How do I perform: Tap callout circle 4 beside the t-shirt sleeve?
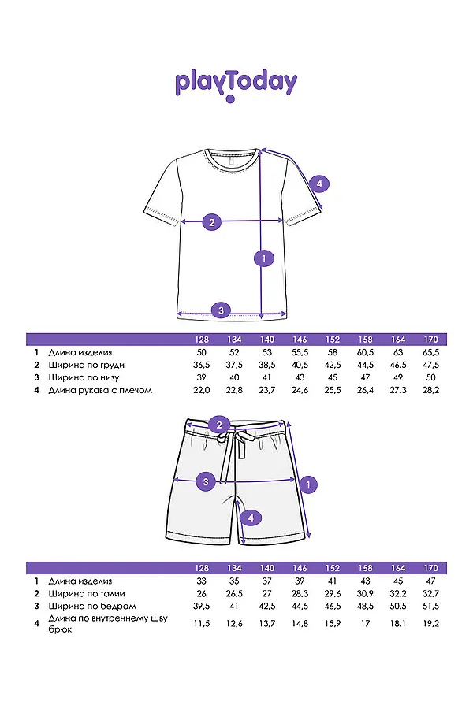318,184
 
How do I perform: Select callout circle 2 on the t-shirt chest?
210,222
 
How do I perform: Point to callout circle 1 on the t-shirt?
264,257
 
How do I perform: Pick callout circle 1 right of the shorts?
309,483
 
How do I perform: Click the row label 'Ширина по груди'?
86,366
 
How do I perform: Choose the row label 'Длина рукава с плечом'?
99,390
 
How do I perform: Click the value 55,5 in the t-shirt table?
300,353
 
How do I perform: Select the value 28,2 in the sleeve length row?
431,390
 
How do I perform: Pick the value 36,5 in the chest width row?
202,366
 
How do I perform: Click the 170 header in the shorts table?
431,568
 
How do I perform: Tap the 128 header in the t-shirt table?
202,340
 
